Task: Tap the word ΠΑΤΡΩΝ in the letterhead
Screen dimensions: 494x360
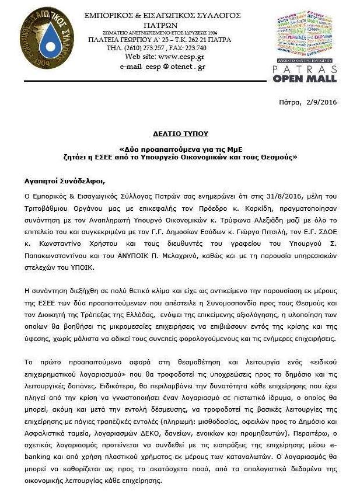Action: coord(162,24)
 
